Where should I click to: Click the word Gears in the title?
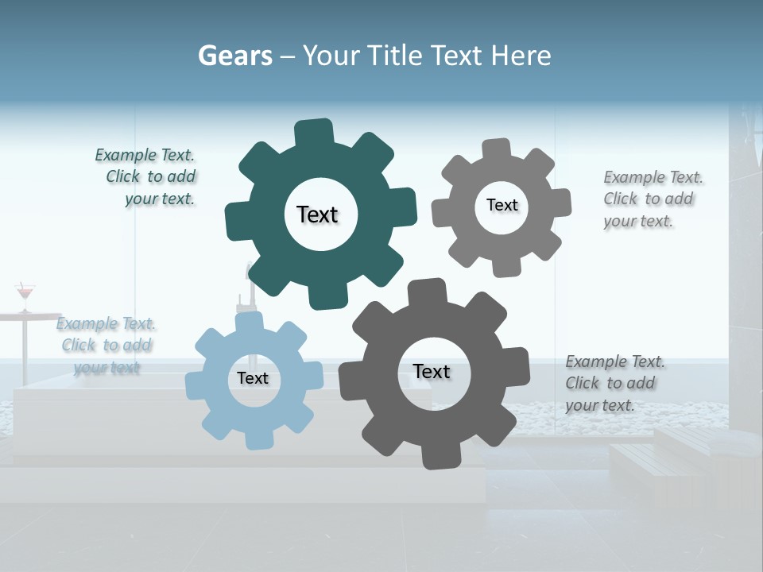coord(234,56)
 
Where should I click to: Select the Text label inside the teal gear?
coord(317,214)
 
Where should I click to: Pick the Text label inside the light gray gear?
coord(502,205)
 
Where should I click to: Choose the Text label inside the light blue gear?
coord(253,378)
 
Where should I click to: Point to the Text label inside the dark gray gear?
coord(432,371)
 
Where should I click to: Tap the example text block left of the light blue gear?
coord(107,345)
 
